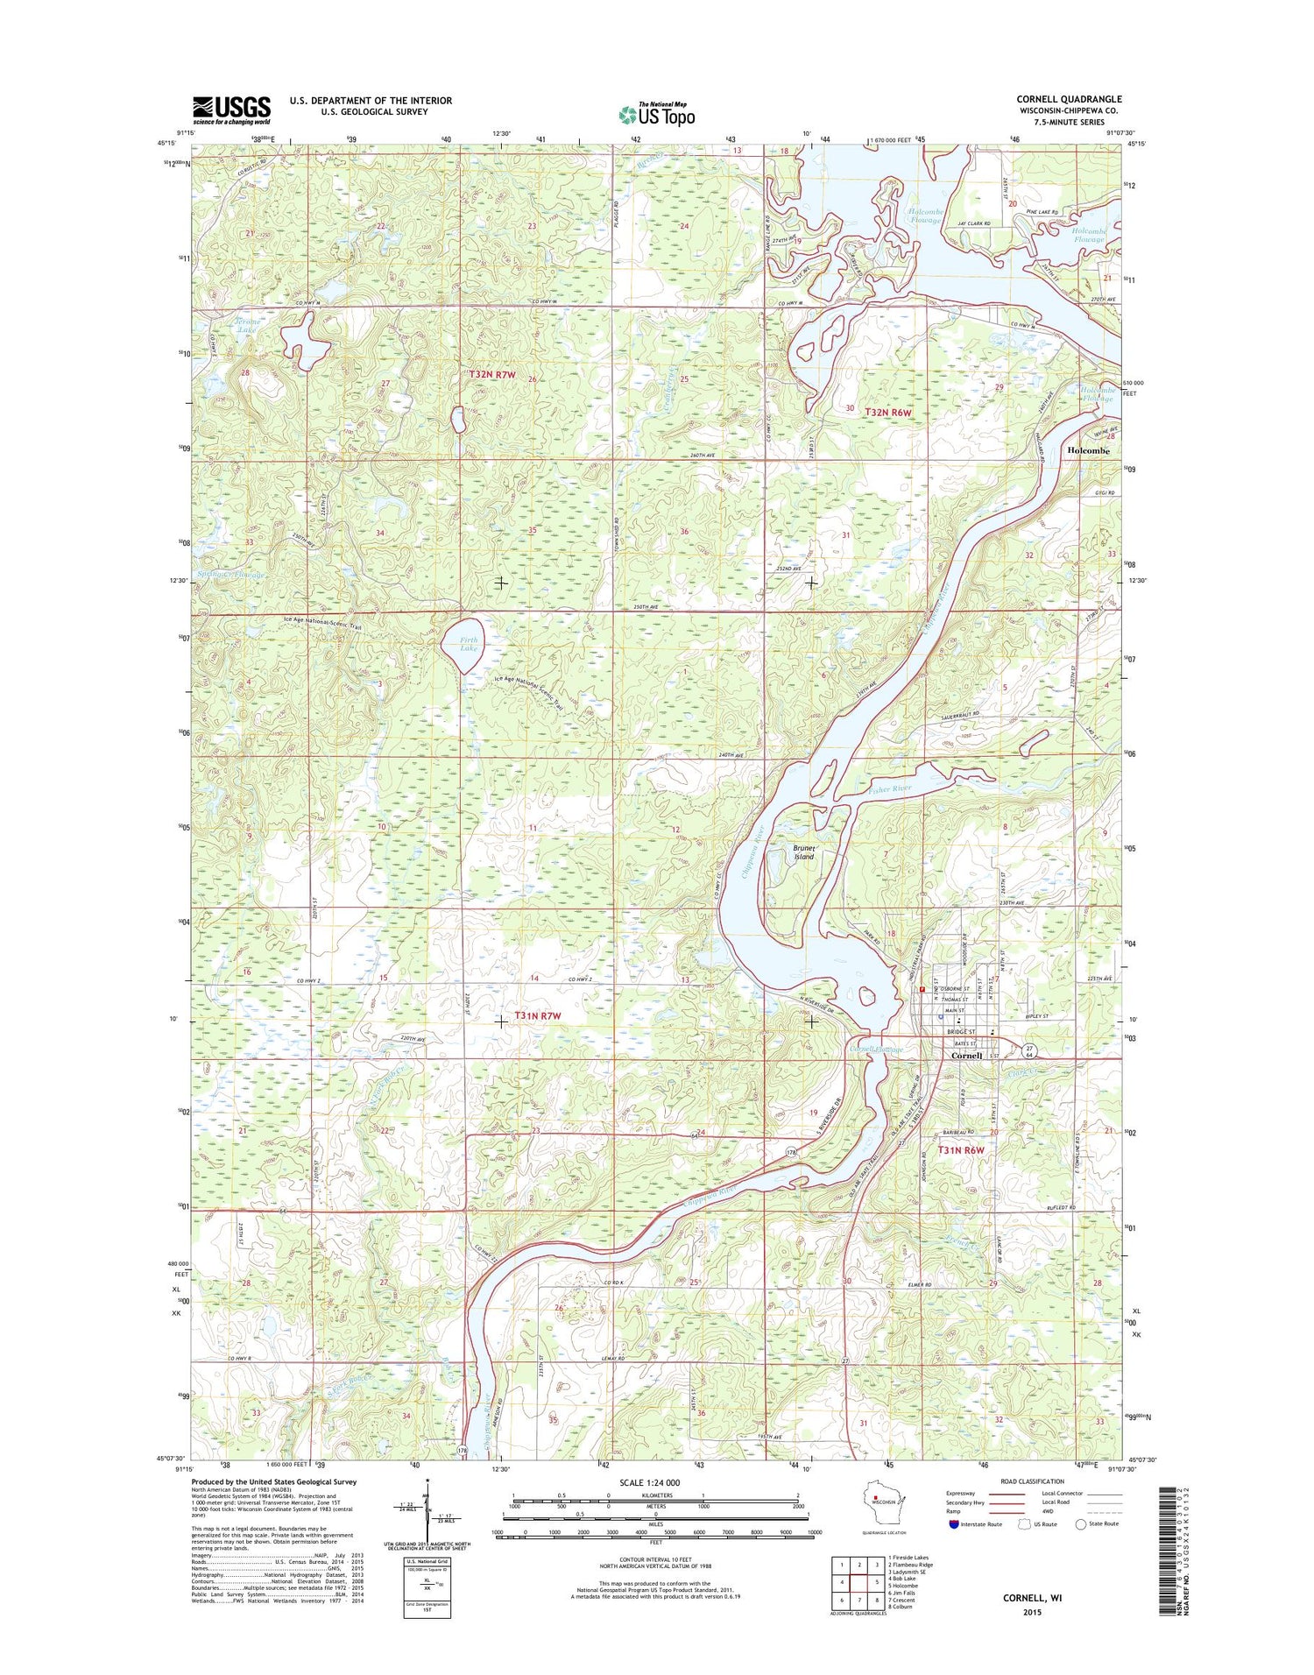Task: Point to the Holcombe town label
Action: point(1088,450)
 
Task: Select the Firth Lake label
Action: point(470,644)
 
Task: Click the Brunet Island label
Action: point(804,852)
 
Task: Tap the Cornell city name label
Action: point(971,1056)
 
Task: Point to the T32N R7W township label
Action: point(492,375)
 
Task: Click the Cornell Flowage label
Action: point(877,1049)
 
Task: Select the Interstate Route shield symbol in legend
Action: point(953,1523)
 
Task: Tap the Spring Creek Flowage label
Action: point(230,575)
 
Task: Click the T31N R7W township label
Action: point(537,1015)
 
